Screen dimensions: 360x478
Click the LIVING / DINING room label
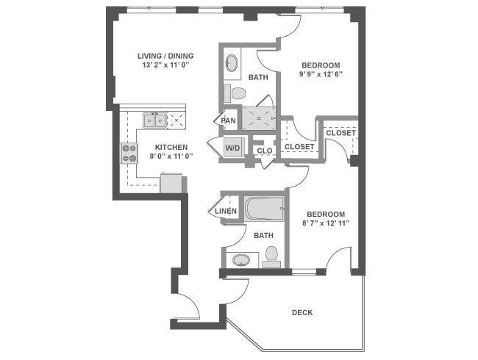(165, 55)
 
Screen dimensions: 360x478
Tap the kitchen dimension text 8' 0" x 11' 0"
(165, 156)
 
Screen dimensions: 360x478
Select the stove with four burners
(129, 153)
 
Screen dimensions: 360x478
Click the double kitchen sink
(154, 120)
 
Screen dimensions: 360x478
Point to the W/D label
(232, 148)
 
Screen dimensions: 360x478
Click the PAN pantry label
(228, 120)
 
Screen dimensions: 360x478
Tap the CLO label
(264, 151)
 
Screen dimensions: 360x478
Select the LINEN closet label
(226, 212)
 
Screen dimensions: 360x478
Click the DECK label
(302, 312)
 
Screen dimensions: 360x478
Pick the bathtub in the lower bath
(264, 208)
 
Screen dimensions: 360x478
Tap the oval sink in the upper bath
(232, 62)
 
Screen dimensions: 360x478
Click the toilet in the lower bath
(271, 255)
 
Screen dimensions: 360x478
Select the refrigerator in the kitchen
(171, 183)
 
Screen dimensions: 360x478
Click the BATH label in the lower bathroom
(263, 235)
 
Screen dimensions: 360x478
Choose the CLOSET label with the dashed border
(340, 133)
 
